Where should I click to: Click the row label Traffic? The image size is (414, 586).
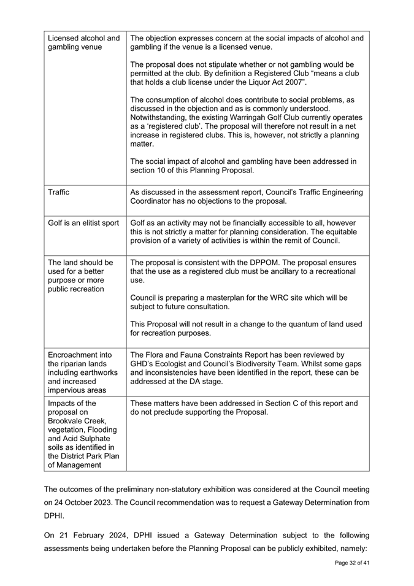coord(58,192)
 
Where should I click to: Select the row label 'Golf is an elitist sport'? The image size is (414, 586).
coord(83,223)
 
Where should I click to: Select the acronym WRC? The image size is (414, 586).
coord(275,298)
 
